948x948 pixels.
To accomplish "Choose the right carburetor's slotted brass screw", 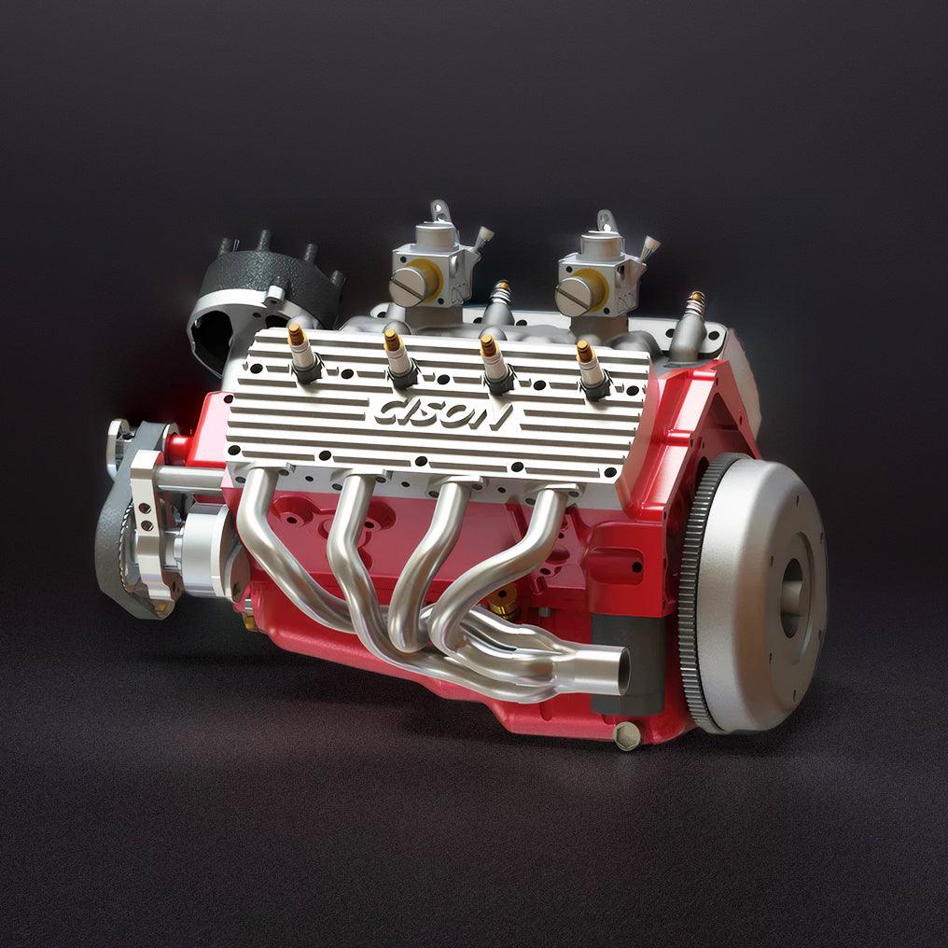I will tap(572, 294).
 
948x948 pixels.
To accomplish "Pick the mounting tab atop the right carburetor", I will tap(608, 220).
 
